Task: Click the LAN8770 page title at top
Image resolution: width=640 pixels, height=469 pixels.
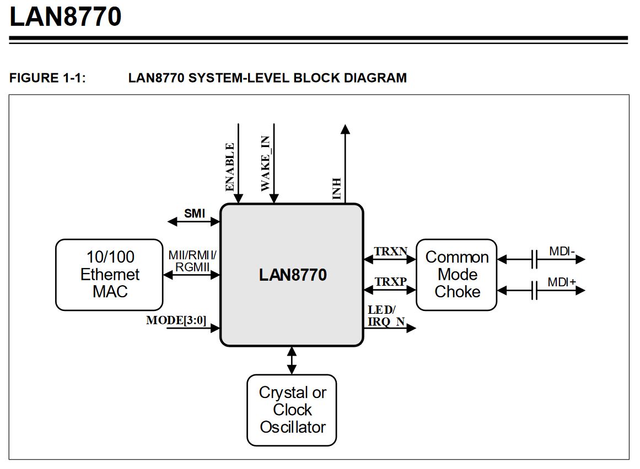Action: pos(65,17)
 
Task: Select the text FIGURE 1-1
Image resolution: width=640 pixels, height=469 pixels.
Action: pos(47,78)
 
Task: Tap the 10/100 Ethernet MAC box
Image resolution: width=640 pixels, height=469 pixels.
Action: pos(109,274)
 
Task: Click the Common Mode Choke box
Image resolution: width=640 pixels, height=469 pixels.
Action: pos(456,274)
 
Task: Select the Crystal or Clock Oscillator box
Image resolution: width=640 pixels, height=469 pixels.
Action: pos(292,410)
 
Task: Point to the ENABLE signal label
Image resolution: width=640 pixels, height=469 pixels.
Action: pos(230,167)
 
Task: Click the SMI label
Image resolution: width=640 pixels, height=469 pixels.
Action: pos(194,214)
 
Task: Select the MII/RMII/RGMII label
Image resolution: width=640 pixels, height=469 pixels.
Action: pos(192,261)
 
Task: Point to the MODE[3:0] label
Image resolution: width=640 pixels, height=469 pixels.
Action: pos(176,320)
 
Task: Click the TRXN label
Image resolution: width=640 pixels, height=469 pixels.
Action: pos(390,252)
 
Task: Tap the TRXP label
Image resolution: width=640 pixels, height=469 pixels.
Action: pos(390,282)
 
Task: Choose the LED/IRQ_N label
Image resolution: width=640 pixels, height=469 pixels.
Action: pos(382,316)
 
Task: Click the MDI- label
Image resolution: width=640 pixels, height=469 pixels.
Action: pos(562,252)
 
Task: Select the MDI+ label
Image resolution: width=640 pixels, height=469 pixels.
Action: pos(562,282)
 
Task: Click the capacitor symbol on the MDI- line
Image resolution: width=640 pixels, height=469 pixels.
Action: pos(534,259)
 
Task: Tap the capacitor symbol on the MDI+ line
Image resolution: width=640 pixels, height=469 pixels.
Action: pos(534,290)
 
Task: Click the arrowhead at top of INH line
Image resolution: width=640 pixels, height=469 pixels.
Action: pos(345,129)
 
